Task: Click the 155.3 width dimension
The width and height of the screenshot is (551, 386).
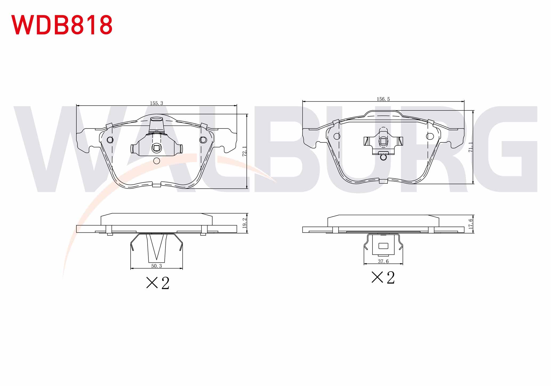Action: (156, 103)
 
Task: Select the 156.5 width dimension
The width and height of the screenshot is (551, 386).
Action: (383, 99)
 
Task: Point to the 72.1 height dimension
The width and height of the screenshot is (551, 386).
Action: (244, 151)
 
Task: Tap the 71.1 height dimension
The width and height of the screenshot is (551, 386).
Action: (471, 147)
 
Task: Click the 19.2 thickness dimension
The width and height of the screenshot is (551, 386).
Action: (245, 223)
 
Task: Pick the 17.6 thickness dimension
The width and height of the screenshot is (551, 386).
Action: (471, 224)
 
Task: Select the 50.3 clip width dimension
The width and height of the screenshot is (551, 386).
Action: (156, 266)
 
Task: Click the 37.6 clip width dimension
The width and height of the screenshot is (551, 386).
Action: (383, 261)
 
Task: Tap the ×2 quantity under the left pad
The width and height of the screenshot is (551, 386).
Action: (158, 283)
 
